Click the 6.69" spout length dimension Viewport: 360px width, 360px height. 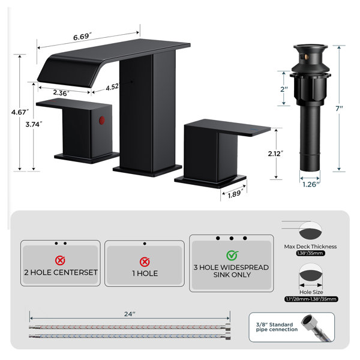(82, 37)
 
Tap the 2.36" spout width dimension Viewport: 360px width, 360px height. (61, 93)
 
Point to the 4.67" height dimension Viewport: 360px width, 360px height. (20, 112)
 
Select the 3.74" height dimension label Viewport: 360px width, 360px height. (34, 124)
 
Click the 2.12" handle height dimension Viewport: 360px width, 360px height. (275, 154)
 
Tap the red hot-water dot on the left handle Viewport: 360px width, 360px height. (102, 121)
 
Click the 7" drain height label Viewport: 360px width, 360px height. (339, 109)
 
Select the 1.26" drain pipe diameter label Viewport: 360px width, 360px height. (311, 184)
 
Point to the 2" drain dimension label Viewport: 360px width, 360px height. (284, 89)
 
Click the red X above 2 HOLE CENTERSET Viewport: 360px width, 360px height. (60, 260)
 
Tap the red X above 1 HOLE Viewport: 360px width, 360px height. (145, 262)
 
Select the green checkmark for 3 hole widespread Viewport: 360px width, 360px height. (232, 256)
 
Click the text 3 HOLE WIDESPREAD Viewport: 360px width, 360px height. (231, 268)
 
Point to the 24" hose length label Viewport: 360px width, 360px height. (130, 314)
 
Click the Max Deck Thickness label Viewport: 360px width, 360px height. (310, 247)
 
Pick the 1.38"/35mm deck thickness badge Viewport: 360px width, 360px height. (310, 253)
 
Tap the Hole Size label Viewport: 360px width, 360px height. (311, 292)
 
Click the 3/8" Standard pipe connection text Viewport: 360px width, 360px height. (277, 327)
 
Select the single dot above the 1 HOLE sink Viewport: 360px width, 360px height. (145, 244)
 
